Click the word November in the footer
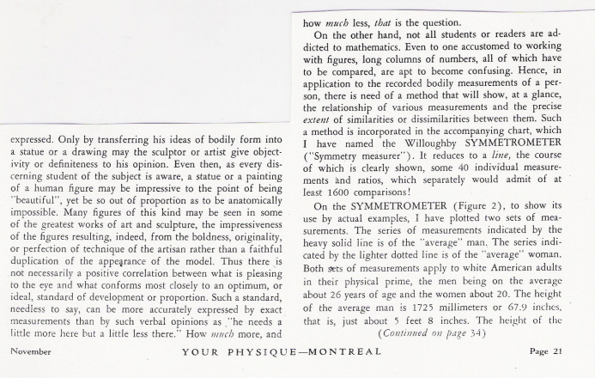point(28,352)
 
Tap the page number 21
point(569,352)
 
